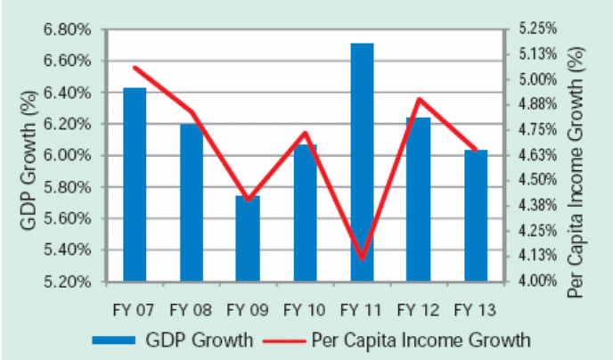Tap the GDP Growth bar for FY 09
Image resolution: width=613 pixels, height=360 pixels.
[248, 238]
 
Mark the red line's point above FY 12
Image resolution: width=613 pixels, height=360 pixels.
[419, 99]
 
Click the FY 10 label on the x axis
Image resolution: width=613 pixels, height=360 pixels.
[304, 310]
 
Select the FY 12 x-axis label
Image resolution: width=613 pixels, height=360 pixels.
[418, 310]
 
